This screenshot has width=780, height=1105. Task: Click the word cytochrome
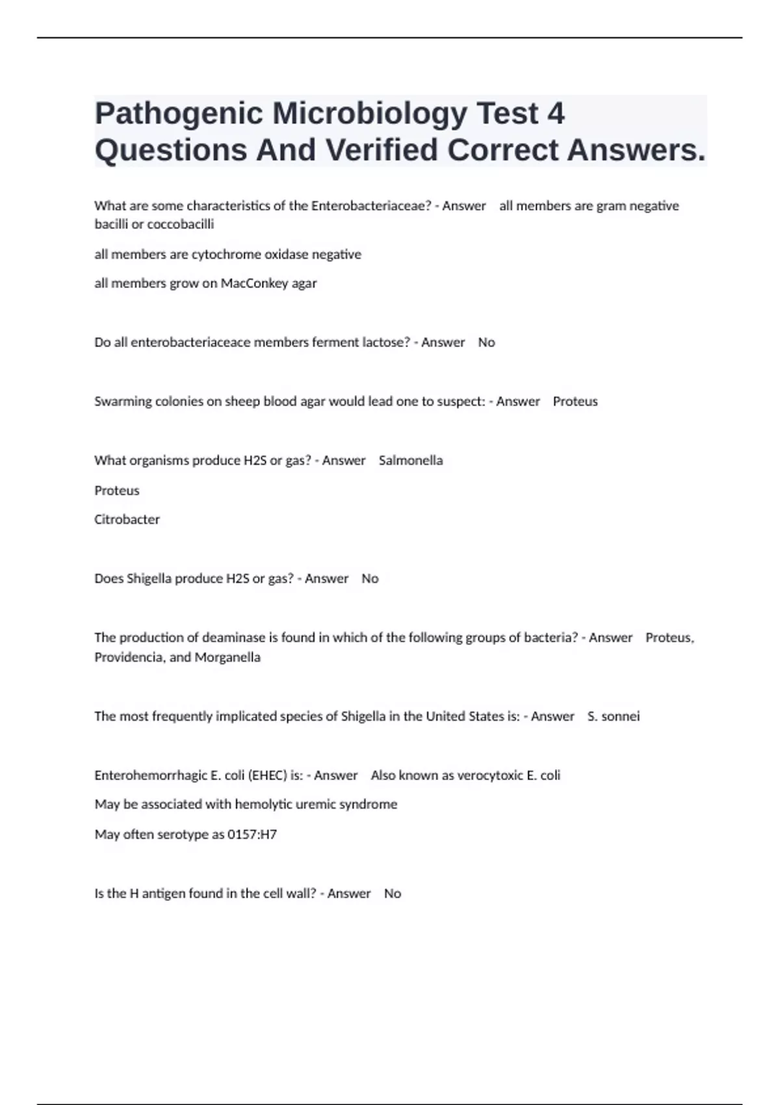coord(226,254)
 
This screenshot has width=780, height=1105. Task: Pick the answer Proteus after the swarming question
coord(575,402)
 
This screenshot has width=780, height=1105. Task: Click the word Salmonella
coord(411,460)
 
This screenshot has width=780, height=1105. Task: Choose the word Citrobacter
coord(127,519)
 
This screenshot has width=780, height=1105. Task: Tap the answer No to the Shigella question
coord(370,578)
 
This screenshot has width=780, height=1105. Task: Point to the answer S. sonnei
coord(614,716)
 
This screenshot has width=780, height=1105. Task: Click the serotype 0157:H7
coord(252,835)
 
